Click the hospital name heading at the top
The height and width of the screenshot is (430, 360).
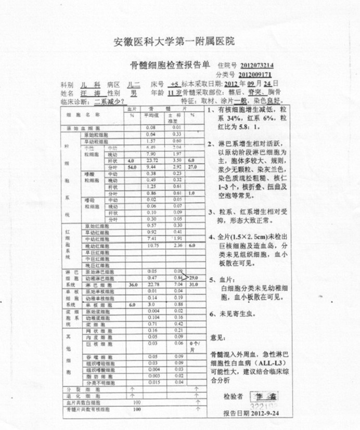click(x=174, y=41)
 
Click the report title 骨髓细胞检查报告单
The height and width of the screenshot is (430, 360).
click(x=170, y=66)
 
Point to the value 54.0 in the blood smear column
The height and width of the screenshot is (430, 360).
click(x=131, y=167)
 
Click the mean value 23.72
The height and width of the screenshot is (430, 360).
click(x=152, y=161)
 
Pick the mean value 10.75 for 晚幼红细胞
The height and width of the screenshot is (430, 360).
click(x=152, y=245)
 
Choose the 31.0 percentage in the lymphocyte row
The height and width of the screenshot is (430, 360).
click(x=194, y=284)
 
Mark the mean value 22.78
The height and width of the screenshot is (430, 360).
click(x=152, y=284)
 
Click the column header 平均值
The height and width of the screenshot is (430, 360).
click(x=151, y=115)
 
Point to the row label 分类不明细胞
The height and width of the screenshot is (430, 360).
click(x=98, y=382)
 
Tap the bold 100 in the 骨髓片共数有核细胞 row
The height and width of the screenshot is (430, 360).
click(x=137, y=409)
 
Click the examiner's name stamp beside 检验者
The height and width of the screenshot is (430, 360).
click(x=264, y=397)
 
